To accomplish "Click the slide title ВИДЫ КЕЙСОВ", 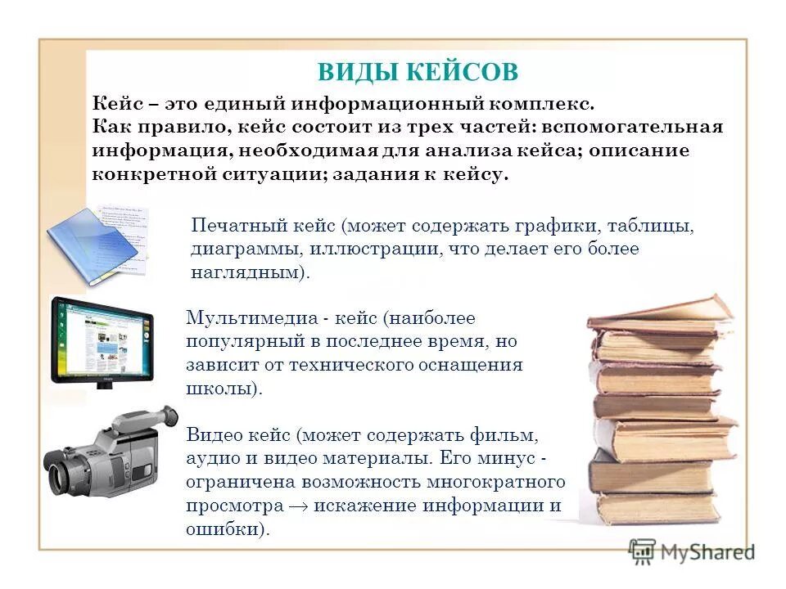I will pyautogui.click(x=418, y=72).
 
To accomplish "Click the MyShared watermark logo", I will pyautogui.click(x=692, y=553).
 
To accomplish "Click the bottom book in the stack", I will pyautogui.click(x=655, y=507).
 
